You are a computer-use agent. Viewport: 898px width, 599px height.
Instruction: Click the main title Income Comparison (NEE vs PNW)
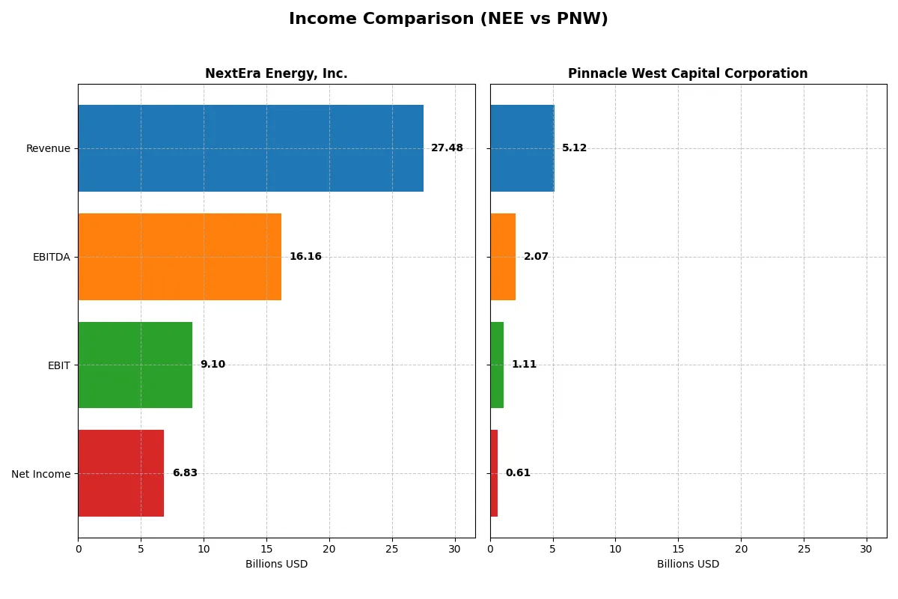(x=448, y=19)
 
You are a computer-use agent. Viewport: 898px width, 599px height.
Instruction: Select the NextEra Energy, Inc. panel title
(x=276, y=73)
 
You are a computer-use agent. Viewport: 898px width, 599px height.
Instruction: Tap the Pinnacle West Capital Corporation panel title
(x=688, y=73)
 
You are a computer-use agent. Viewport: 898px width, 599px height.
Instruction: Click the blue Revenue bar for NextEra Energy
(x=251, y=148)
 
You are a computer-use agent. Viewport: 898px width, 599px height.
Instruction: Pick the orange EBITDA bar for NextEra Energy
(x=180, y=257)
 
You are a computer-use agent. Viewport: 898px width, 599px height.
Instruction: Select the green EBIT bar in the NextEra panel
(x=135, y=365)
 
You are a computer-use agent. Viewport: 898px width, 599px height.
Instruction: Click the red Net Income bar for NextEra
(x=120, y=473)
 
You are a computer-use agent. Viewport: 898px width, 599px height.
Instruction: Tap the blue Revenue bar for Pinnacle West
(x=522, y=148)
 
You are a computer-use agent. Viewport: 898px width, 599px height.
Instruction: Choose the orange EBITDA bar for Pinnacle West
(x=503, y=257)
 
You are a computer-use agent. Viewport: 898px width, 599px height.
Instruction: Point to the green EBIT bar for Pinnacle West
(x=497, y=365)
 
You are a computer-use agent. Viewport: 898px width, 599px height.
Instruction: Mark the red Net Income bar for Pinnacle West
(x=494, y=473)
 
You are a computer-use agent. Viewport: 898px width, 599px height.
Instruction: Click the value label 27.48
(x=447, y=148)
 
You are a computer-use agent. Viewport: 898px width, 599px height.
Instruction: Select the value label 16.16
(x=305, y=257)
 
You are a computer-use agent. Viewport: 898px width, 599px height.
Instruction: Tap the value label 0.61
(x=518, y=473)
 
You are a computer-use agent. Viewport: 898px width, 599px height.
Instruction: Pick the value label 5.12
(x=574, y=148)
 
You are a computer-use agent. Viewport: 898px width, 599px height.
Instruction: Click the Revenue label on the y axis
(x=48, y=148)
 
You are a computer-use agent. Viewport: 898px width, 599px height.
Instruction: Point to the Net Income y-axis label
(x=41, y=474)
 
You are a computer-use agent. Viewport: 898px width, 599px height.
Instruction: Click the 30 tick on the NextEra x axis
(x=454, y=549)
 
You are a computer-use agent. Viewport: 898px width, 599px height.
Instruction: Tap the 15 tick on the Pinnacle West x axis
(x=678, y=549)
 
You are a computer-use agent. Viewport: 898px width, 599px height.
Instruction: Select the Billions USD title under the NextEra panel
(x=276, y=565)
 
